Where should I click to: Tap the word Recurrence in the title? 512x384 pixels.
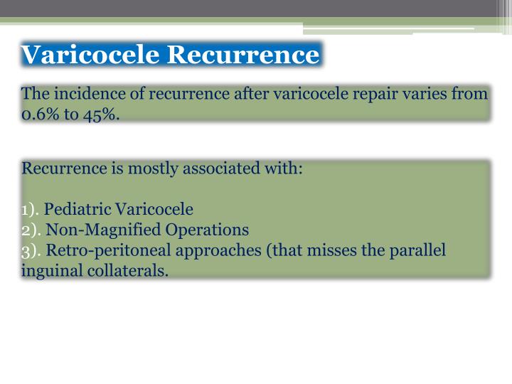point(243,55)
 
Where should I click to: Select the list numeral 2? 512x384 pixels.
point(26,230)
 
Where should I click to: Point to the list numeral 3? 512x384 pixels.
point(26,251)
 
